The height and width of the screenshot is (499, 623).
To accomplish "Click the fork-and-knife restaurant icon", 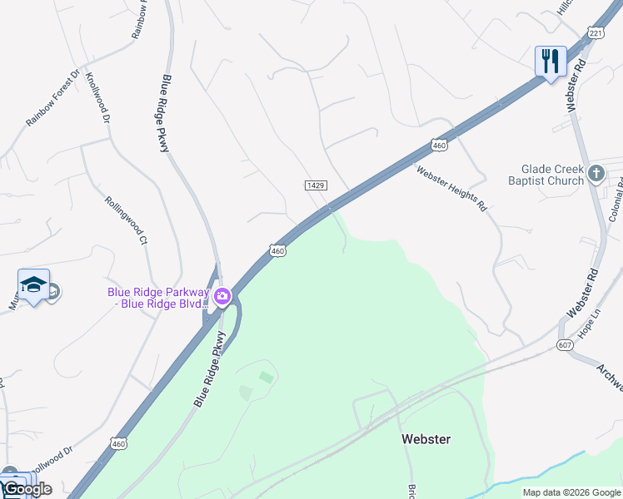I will (550, 62).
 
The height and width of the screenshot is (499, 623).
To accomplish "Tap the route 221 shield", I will (595, 32).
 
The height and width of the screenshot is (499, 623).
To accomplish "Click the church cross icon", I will (596, 174).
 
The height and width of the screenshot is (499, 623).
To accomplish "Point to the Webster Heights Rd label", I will (451, 190).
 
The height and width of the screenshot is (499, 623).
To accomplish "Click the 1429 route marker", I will (315, 185).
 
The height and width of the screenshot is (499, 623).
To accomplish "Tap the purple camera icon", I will (222, 296).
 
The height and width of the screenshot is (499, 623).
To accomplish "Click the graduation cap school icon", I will (33, 285).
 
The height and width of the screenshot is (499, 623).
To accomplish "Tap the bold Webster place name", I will (426, 438).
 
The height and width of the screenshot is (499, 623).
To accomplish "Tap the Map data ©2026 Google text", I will (571, 492).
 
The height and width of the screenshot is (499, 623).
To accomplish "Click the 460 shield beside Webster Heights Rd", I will (439, 146).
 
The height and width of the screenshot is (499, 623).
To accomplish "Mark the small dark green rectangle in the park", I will (266, 377).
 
